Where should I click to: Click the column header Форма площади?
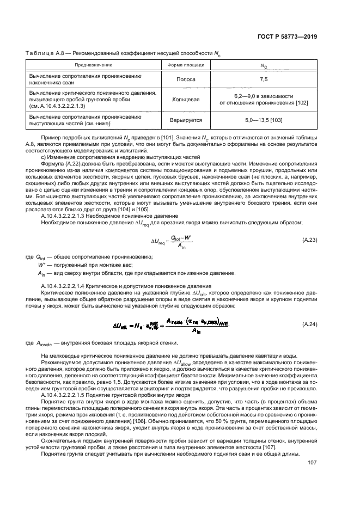tap(186, 65)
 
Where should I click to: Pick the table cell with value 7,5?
tap(264, 79)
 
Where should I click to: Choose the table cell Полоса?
tap(186, 79)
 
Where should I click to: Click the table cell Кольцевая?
tap(186, 99)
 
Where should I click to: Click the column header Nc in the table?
tap(264, 65)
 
